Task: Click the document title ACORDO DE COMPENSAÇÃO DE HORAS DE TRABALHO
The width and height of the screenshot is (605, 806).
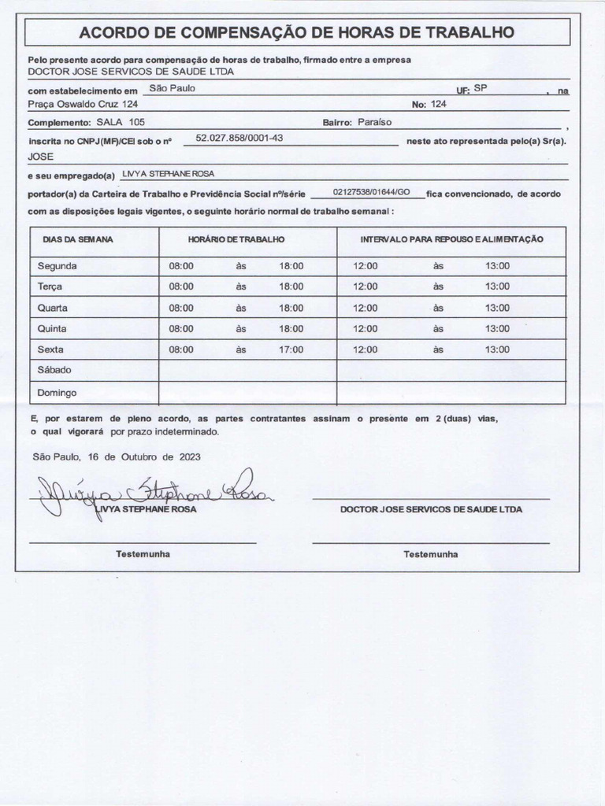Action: click(297, 32)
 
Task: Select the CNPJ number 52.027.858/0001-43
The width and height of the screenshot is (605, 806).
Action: click(239, 138)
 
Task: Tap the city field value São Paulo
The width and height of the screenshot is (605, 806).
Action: click(172, 88)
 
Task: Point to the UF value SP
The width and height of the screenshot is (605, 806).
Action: click(481, 88)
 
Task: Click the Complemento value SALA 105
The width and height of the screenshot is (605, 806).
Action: click(121, 122)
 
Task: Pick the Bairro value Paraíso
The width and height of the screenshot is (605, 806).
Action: click(374, 122)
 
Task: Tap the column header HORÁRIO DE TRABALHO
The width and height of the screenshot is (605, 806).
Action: click(236, 238)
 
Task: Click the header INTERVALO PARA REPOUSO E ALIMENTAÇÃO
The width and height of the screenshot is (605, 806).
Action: click(451, 238)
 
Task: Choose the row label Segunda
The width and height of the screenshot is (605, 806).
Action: click(57, 266)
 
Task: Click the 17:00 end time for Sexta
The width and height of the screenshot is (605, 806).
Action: click(291, 349)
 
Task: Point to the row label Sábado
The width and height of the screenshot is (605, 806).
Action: click(54, 370)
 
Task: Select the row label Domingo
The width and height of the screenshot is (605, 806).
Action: click(57, 392)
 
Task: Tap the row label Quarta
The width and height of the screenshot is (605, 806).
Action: click(52, 308)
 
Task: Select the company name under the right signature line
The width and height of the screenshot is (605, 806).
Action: click(431, 509)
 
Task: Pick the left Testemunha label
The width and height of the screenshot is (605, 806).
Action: click(143, 554)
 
